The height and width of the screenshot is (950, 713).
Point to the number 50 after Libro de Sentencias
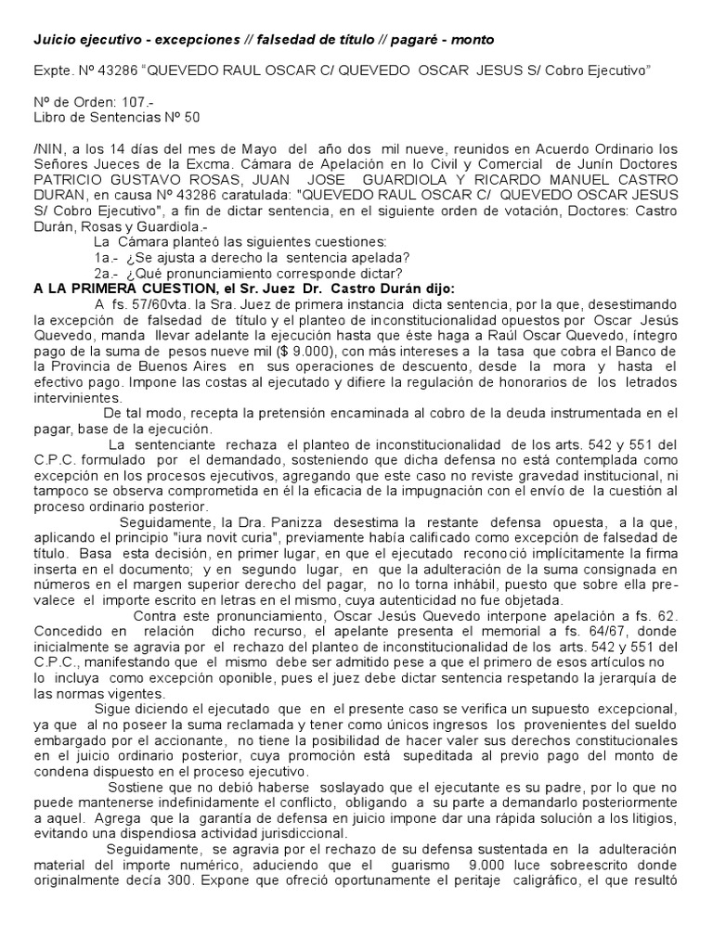click(189, 117)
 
